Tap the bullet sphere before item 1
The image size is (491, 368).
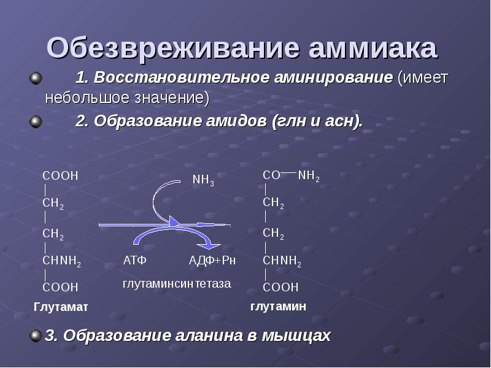click(36, 79)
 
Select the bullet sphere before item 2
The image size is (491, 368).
click(36, 121)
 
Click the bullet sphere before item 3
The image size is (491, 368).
click(36, 335)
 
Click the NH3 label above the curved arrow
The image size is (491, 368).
click(203, 180)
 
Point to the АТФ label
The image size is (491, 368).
click(134, 261)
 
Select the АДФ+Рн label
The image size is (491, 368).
click(212, 261)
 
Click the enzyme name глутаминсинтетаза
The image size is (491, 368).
click(176, 283)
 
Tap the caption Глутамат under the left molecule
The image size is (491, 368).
click(61, 306)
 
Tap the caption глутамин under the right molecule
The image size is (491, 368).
click(278, 305)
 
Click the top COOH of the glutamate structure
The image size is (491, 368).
click(60, 175)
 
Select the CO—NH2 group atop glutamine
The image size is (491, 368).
click(291, 176)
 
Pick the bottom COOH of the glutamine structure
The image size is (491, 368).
click(280, 286)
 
